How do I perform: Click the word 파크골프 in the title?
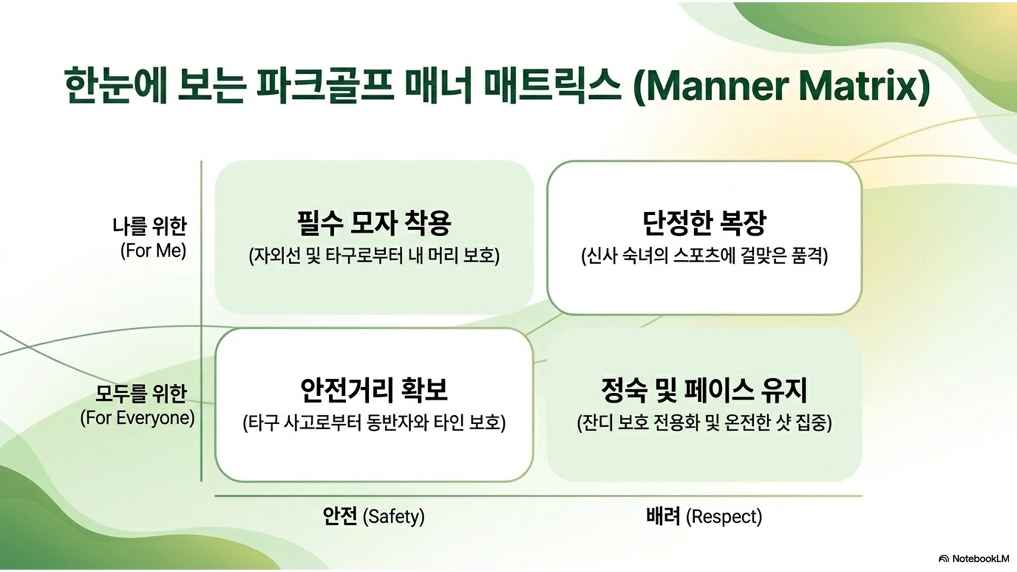click(324, 86)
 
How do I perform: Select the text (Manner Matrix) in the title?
click(781, 87)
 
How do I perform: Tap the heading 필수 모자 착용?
click(374, 223)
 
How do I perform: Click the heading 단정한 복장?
click(704, 223)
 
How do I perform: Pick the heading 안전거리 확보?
click(374, 390)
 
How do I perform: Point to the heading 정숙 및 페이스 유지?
click(704, 390)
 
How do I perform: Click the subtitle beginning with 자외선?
click(374, 256)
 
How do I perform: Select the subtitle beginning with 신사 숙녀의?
click(704, 256)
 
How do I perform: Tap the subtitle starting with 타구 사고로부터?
click(374, 424)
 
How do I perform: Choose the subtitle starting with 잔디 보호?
click(704, 424)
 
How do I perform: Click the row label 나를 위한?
click(150, 226)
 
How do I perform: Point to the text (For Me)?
click(154, 251)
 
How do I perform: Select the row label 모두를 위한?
click(141, 394)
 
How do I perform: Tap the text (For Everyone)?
click(138, 418)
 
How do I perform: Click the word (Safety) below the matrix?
click(394, 517)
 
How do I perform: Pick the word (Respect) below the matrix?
click(724, 517)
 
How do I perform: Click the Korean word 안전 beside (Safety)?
click(340, 516)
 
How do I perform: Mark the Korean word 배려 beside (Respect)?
click(663, 516)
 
